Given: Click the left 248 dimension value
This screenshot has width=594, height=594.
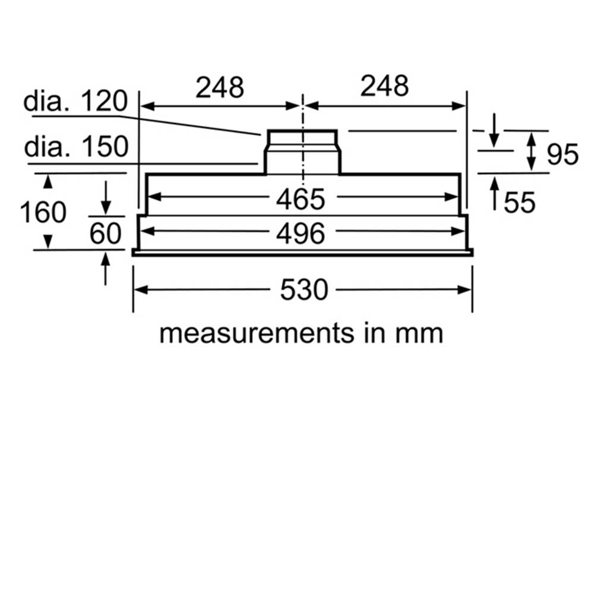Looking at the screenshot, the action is click(x=220, y=87).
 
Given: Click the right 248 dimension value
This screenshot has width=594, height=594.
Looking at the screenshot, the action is click(x=384, y=86).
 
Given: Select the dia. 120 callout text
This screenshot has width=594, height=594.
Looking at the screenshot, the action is click(x=75, y=101).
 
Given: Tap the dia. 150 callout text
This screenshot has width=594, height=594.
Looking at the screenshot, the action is click(x=76, y=147).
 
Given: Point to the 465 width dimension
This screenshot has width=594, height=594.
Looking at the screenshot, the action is click(x=301, y=199).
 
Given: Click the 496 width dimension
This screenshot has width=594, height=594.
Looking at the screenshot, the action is click(x=301, y=233).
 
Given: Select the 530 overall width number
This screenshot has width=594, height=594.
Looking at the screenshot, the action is click(x=304, y=290).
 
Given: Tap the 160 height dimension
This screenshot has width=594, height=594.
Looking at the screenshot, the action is click(x=43, y=212).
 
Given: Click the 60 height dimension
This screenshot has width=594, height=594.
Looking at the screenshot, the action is click(x=105, y=233).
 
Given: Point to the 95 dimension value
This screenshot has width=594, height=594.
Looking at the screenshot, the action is click(x=563, y=154).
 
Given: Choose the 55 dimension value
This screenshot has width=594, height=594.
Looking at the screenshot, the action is click(x=520, y=203).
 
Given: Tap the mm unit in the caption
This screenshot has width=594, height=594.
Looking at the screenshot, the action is click(x=419, y=334).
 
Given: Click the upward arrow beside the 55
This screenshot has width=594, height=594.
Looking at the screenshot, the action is click(x=494, y=194).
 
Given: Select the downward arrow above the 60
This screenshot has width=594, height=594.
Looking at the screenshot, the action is click(x=106, y=198).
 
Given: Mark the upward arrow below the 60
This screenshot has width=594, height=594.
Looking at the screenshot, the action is click(x=105, y=268).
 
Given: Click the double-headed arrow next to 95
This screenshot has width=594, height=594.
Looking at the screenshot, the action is click(x=532, y=151).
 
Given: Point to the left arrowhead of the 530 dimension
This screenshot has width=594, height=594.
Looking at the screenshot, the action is click(x=141, y=290).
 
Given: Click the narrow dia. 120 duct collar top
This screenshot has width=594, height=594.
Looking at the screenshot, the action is click(x=302, y=131).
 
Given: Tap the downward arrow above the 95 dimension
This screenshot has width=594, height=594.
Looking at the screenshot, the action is click(x=494, y=130).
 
